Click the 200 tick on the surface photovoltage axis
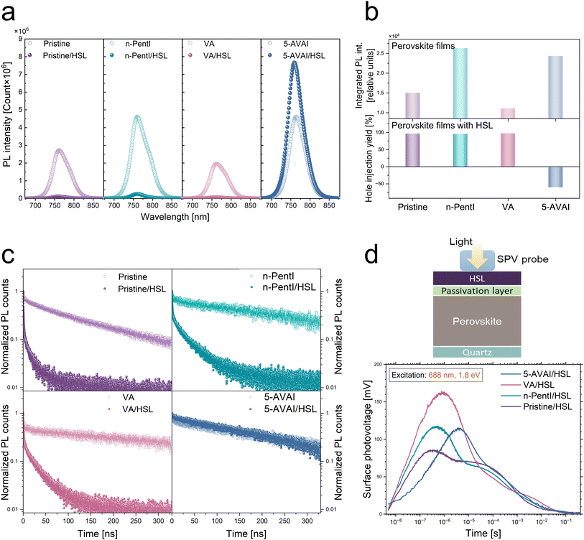(x=379, y=366)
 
